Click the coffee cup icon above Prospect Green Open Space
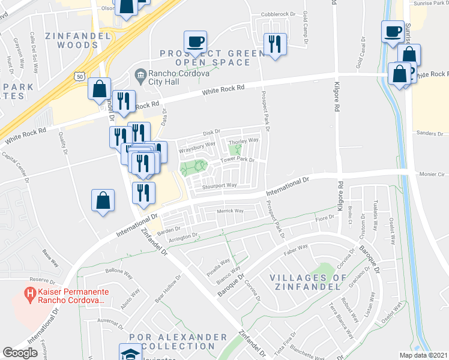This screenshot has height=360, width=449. click(x=196, y=42)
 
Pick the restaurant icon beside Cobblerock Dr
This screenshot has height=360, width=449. click(x=276, y=44)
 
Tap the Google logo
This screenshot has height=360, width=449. click(x=20, y=352)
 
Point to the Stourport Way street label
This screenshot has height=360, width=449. click(x=221, y=186)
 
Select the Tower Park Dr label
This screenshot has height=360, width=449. click(x=238, y=160)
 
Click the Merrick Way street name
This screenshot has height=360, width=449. click(x=230, y=211)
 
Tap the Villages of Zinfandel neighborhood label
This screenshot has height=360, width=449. click(x=308, y=283)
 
